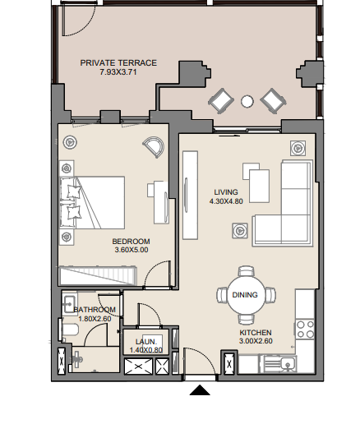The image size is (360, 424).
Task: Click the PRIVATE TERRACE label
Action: click(118, 63)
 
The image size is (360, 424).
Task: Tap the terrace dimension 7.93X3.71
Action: click(118, 72)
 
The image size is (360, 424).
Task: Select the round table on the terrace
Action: click(247, 101)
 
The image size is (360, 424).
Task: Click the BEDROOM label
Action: click(131, 242)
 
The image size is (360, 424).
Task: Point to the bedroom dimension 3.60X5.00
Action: click(132, 250)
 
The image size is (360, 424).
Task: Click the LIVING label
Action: click(226, 192)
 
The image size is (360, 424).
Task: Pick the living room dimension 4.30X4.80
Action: click(226, 201)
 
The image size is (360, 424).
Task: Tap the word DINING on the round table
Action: click(245, 295)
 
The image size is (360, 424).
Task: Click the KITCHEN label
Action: click(256, 333)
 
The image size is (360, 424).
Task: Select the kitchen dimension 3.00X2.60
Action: click(256, 341)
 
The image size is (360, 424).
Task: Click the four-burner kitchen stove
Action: click(306, 330)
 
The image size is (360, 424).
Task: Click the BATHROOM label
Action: click(95, 310)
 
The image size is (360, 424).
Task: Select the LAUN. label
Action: click(146, 342)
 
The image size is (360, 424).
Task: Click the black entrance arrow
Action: click(200, 390)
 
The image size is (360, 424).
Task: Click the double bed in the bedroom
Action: click(92, 203)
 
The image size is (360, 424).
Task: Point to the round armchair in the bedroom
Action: click(154, 147)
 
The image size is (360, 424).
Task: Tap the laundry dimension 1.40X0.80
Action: click(146, 350)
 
